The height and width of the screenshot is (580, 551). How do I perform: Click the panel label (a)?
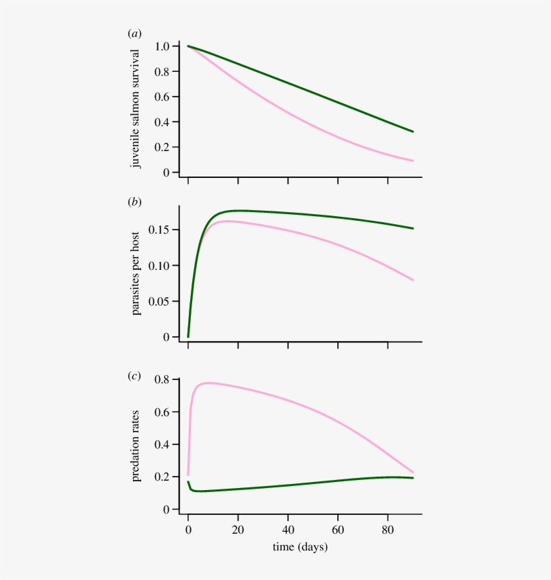click(134, 33)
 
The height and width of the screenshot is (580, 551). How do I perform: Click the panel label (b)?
click(134, 202)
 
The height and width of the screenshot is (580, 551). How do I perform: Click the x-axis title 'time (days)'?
click(300, 547)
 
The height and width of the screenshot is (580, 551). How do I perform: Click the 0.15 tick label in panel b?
click(159, 230)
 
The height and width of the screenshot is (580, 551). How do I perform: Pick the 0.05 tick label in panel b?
click(159, 301)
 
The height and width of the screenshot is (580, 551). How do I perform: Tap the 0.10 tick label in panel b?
click(159, 266)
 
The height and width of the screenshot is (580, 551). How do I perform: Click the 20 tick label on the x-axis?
click(238, 528)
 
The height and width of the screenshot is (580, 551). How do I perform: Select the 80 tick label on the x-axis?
click(388, 528)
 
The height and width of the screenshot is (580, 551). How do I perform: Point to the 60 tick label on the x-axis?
click(338, 528)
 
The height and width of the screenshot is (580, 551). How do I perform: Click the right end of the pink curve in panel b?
click(413, 280)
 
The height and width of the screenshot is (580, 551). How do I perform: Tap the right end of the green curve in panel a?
click(413, 132)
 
